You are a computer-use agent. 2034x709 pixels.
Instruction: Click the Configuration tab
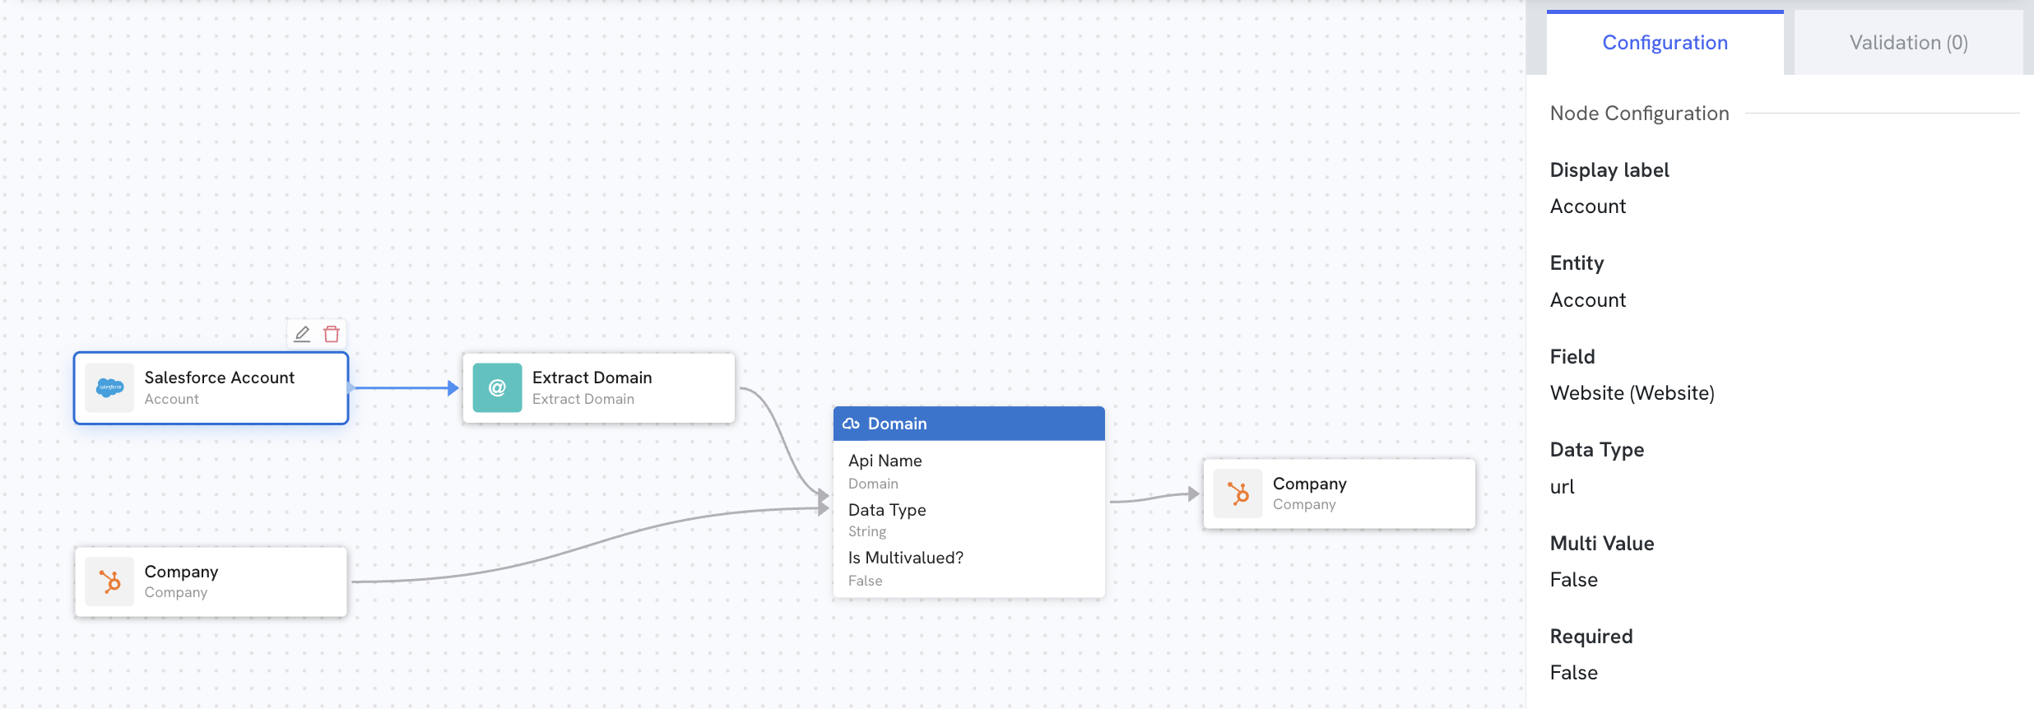point(1665,43)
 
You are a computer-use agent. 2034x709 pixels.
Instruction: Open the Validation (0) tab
point(1908,43)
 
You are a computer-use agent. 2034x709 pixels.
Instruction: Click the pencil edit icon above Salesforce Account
point(302,334)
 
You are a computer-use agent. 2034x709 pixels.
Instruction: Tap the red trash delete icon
point(332,334)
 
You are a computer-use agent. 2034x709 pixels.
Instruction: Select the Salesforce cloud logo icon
point(109,387)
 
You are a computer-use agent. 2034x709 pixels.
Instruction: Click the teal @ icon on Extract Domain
point(497,387)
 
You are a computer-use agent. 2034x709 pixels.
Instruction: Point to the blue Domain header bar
point(968,424)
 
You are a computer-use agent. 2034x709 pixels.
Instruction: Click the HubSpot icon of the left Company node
point(109,582)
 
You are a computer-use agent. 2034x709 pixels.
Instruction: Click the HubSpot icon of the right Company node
point(1238,494)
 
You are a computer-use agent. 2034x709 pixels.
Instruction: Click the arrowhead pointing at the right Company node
point(1194,494)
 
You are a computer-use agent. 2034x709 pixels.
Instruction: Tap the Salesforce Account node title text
point(219,378)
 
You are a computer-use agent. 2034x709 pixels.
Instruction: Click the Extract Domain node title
point(592,378)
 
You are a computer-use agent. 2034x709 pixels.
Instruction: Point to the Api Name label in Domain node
point(885,461)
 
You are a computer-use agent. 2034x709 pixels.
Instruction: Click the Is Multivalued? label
point(905,558)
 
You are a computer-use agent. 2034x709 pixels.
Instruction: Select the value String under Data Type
point(867,532)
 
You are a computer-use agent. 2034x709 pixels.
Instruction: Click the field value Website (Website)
point(1632,393)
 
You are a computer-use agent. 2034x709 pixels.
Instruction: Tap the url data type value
point(1562,487)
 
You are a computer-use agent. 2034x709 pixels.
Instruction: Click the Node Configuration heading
point(1639,114)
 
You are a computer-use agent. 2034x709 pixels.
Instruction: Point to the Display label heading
point(1609,170)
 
